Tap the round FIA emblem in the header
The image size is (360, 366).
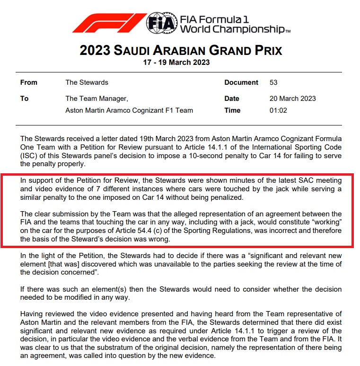(160, 23)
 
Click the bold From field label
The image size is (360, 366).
(29, 82)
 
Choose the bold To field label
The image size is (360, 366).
(24, 98)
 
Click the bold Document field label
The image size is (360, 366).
(241, 82)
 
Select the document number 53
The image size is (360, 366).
(273, 82)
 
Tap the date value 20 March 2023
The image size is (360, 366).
(292, 98)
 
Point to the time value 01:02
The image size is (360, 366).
(278, 110)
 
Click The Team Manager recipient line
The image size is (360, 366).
(97, 98)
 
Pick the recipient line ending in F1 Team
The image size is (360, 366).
(129, 110)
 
